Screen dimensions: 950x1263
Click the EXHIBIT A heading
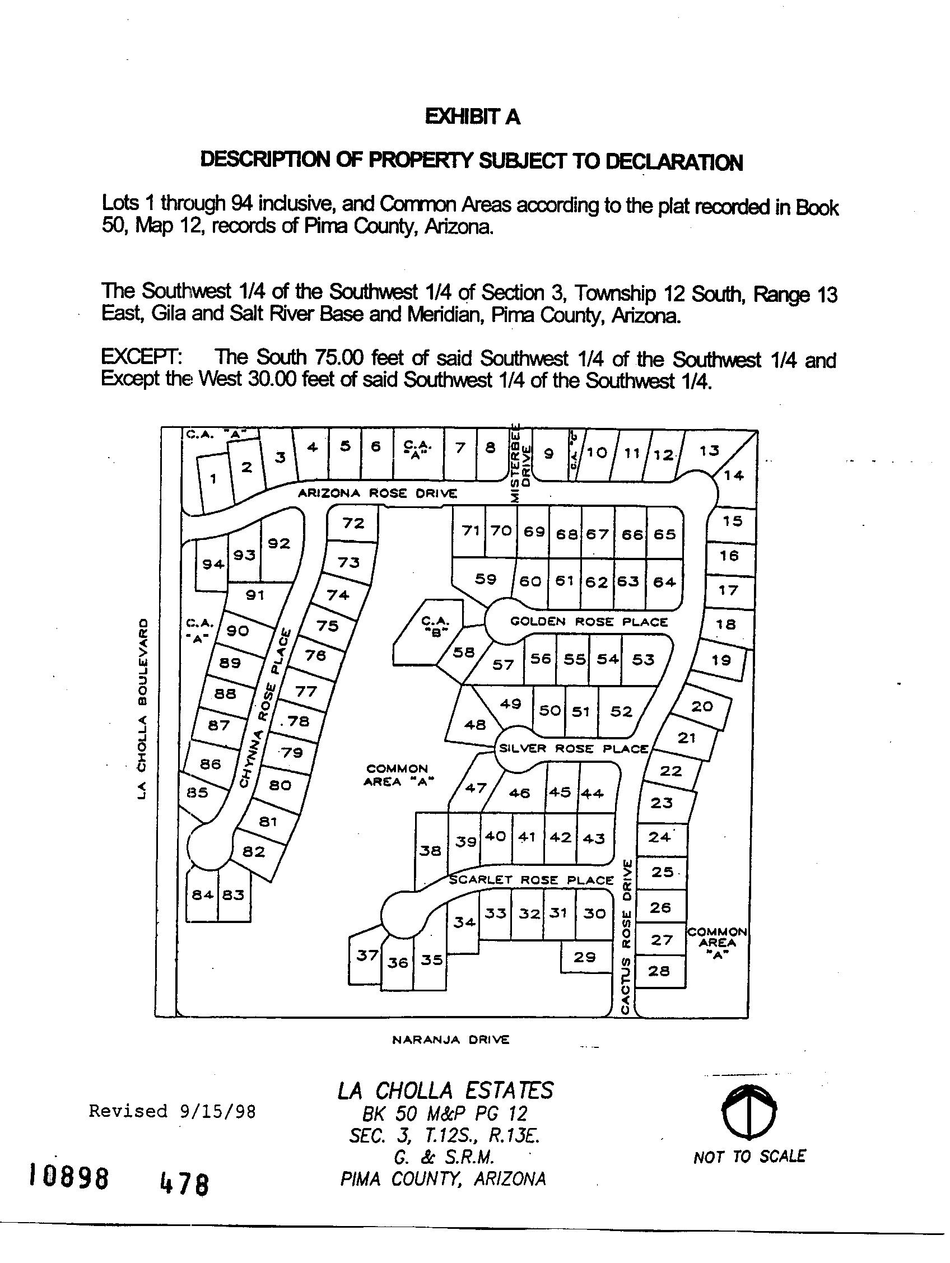point(473,117)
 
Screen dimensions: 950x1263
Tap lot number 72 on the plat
point(353,523)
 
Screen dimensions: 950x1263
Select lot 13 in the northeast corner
point(709,450)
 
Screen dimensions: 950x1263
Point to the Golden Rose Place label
point(589,621)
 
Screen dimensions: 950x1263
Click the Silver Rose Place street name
point(573,748)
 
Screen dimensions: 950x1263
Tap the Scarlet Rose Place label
point(531,880)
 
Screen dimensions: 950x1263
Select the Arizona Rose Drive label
point(378,493)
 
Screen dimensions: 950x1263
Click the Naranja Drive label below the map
point(450,1040)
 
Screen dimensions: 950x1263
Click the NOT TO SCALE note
point(749,1157)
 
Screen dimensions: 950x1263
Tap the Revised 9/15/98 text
point(173,1111)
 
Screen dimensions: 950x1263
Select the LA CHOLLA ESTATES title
point(445,1090)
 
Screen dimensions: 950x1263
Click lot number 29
point(585,957)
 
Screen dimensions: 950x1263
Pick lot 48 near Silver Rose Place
point(475,725)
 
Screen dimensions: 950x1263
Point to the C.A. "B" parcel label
point(435,626)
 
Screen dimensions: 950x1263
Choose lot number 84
point(202,894)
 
